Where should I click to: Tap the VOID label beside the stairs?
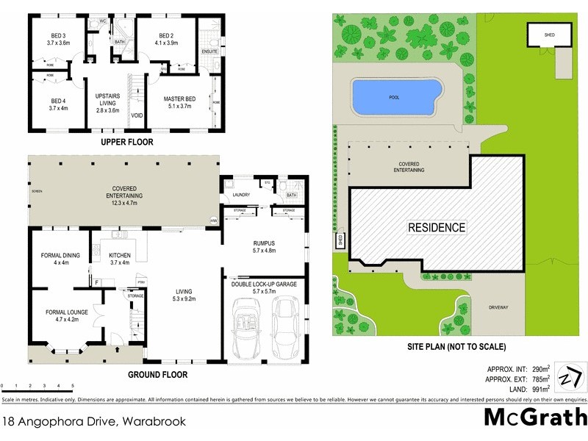(x=137, y=115)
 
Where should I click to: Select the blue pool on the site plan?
(x=398, y=96)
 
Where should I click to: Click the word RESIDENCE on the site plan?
(x=437, y=227)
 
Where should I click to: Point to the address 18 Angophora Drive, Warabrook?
(x=94, y=422)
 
